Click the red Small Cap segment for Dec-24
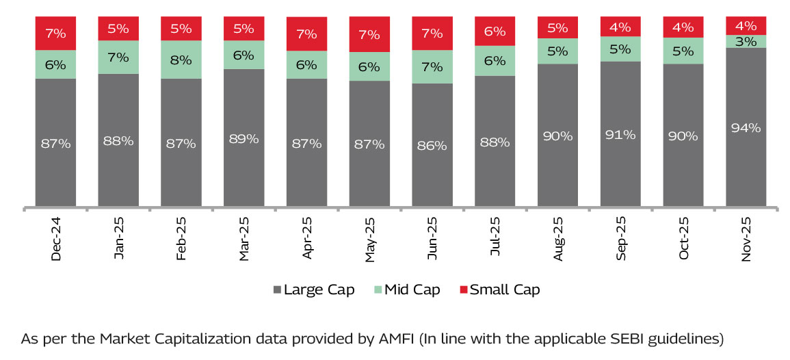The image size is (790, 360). (x=56, y=33)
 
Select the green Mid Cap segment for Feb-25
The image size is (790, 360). (x=181, y=60)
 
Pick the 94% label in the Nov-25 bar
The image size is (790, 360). (x=746, y=127)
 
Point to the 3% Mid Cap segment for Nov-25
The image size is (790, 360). (x=746, y=41)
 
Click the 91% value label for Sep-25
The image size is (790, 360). (x=620, y=135)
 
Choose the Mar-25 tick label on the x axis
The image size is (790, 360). (x=244, y=239)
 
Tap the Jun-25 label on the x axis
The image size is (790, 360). (x=432, y=239)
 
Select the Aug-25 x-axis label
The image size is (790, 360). (x=558, y=239)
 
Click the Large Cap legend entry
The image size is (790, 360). (x=313, y=290)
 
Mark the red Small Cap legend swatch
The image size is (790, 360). (x=463, y=290)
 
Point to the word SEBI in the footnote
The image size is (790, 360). (x=585, y=338)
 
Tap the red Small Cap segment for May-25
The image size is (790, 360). (x=369, y=34)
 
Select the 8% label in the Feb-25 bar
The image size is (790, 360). (x=181, y=60)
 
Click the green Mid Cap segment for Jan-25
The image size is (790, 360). (x=118, y=57)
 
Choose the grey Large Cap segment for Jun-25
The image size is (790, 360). (x=432, y=144)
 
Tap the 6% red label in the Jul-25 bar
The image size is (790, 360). (x=495, y=31)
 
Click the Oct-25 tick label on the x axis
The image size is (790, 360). (x=683, y=239)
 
